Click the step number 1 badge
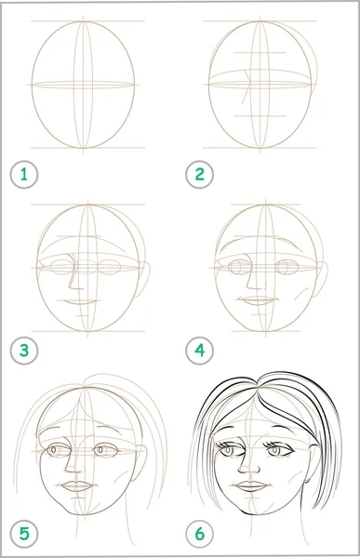[24, 175]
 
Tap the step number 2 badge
[199, 175]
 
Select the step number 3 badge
[24, 351]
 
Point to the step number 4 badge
[199, 351]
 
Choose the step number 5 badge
[24, 534]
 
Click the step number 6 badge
[199, 534]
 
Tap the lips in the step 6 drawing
[251, 485]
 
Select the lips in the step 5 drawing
[77, 486]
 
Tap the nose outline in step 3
[72, 274]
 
